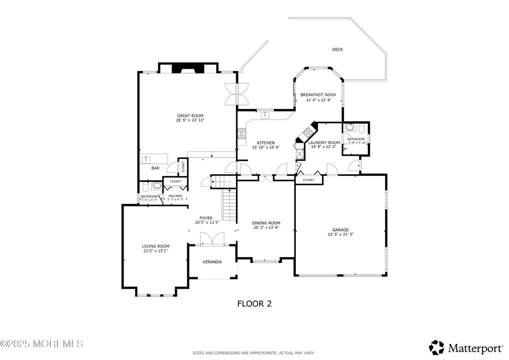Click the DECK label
[x=337, y=50]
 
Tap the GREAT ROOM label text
[x=190, y=116]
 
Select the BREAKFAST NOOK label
[x=318, y=95]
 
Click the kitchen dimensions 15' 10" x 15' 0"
[x=265, y=147]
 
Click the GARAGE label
[x=340, y=230]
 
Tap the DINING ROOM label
[x=265, y=223]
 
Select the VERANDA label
[x=212, y=262]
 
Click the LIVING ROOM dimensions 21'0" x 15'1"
[x=155, y=251]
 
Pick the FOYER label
[x=206, y=218]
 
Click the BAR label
[x=155, y=169]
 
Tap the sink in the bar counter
[x=146, y=159]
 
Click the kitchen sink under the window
[x=265, y=115]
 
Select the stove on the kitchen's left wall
[x=242, y=133]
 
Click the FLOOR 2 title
[x=254, y=304]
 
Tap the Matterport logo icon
[x=436, y=347]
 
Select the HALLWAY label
[x=175, y=196]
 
